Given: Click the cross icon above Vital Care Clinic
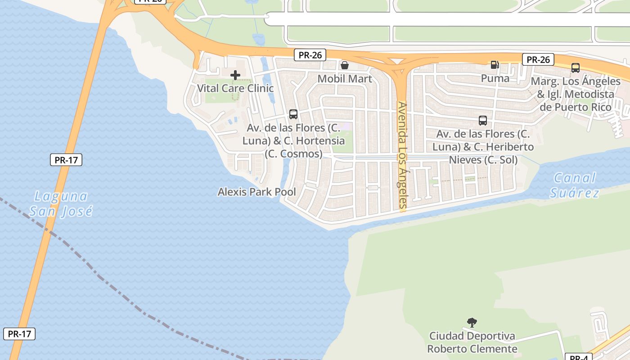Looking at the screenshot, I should point(235,75).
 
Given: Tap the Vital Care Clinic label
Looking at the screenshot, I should point(235,88).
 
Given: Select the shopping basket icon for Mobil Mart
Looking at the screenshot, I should point(345,66).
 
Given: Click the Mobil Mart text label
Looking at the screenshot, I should point(345,79).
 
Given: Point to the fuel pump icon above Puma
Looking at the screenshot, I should point(495,65).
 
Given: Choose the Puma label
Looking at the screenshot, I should point(495,78).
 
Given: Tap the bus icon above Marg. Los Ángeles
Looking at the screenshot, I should point(575,68).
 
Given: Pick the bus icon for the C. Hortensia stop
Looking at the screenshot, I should point(293,114).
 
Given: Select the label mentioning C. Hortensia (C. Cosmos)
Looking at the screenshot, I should point(293,141).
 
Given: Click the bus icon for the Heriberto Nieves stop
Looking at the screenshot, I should point(483,121).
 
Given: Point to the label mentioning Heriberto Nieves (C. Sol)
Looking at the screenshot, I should point(483,147).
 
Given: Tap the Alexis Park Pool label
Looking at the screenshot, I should point(257,192).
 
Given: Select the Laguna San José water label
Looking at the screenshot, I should point(61,203).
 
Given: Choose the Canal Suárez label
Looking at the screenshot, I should point(575,185).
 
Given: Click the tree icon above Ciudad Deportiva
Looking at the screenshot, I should point(472,322).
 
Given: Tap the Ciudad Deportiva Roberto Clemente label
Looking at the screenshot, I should point(472,342).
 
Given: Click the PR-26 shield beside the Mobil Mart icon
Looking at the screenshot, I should point(310,55).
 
